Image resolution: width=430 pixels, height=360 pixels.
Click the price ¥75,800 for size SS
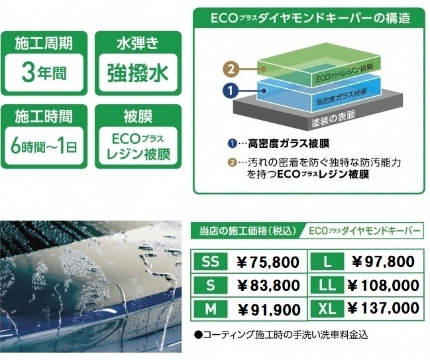[268, 262]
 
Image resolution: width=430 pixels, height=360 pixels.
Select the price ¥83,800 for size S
[268, 285]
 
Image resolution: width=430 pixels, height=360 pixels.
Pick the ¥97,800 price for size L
[383, 261]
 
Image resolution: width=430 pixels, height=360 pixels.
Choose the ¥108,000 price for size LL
[383, 285]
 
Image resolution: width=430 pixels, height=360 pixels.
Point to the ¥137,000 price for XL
[383, 308]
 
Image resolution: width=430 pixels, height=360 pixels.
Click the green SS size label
[210, 261]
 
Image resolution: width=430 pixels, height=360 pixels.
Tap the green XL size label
[327, 309]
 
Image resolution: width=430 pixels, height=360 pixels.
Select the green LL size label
[327, 285]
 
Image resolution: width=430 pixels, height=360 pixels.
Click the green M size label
[210, 309]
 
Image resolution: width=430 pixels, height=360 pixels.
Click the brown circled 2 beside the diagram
[231, 69]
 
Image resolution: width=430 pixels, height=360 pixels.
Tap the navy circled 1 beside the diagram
[231, 90]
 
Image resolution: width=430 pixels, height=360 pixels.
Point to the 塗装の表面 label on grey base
[333, 119]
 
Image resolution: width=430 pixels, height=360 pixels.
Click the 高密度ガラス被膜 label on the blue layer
[342, 97]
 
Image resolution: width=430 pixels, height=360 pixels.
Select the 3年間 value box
[44, 73]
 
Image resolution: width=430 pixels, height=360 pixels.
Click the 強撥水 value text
[138, 74]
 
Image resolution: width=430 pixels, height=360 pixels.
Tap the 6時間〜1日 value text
[44, 146]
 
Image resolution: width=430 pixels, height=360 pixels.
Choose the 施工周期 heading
[44, 43]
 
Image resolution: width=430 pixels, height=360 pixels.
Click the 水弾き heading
[138, 43]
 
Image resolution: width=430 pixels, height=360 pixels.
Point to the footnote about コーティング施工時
[281, 335]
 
